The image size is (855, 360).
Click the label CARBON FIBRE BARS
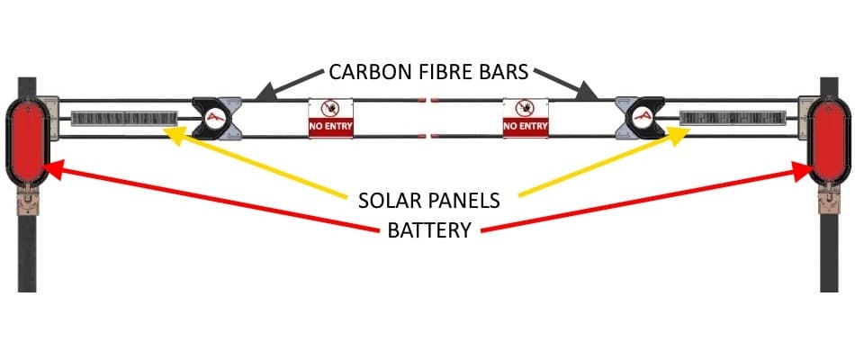[427, 72]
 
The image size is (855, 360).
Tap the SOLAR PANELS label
[427, 198]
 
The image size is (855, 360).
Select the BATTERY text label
[428, 229]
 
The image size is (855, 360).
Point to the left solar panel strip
[124, 119]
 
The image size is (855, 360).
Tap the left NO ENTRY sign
[330, 118]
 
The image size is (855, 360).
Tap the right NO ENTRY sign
[525, 118]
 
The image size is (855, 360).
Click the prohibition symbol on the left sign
[330, 109]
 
